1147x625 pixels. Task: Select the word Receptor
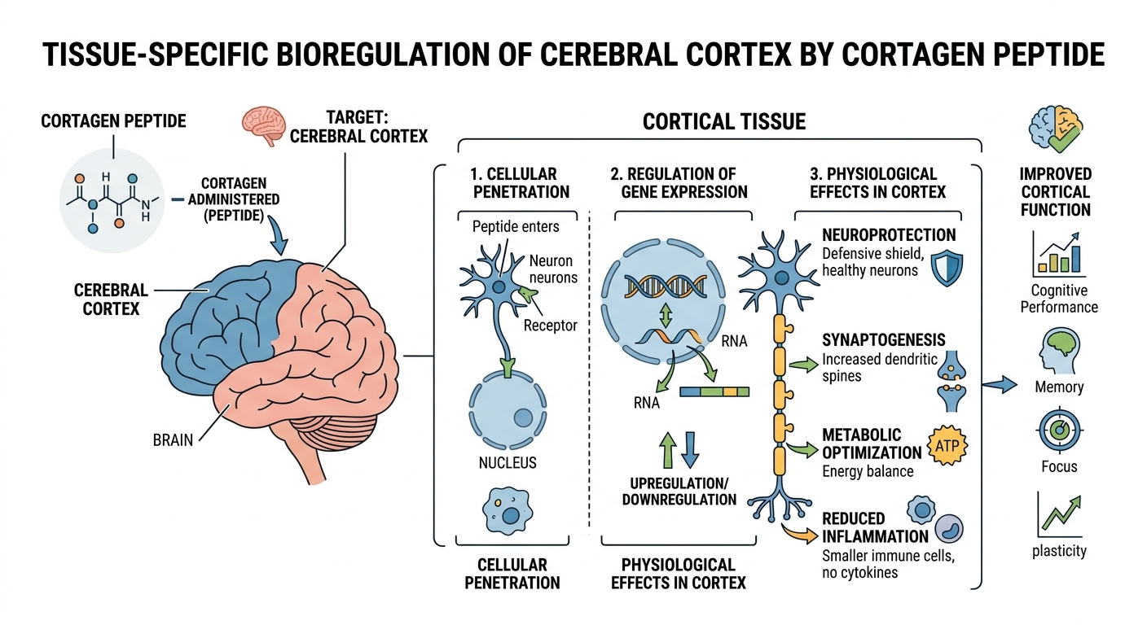550,326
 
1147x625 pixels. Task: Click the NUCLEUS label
508,462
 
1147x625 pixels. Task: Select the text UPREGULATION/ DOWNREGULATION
679,489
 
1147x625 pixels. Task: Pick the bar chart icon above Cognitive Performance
1057,252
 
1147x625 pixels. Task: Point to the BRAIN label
173,440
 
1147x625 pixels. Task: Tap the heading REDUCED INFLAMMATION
875,527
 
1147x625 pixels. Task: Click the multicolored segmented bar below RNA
714,391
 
